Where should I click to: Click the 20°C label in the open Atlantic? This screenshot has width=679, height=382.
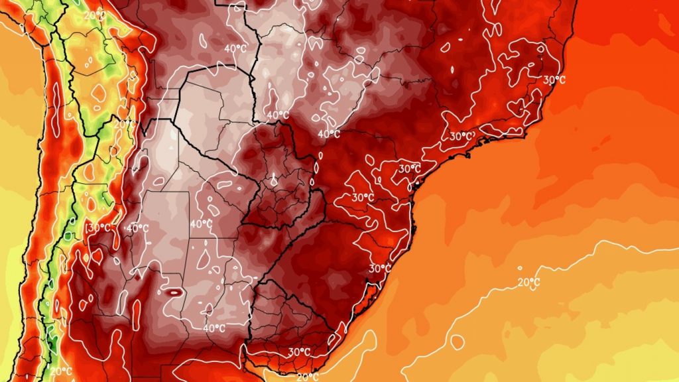(x=528, y=283)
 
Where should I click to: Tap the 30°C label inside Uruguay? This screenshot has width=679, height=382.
(x=299, y=351)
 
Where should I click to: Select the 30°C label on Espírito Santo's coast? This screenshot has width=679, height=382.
(x=554, y=80)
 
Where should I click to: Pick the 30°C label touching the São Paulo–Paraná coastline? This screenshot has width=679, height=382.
(x=409, y=169)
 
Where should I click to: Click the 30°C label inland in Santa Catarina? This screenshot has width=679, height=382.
(x=362, y=198)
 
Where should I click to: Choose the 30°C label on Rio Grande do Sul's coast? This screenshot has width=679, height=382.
(x=379, y=269)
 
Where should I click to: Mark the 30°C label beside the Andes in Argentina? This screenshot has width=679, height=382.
(x=97, y=228)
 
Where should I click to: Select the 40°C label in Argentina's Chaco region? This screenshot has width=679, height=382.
(x=201, y=224)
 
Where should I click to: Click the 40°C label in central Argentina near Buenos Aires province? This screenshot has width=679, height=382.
(x=214, y=328)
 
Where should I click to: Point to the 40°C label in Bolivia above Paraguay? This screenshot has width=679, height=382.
(x=235, y=48)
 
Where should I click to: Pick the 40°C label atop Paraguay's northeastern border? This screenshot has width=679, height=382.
(x=277, y=115)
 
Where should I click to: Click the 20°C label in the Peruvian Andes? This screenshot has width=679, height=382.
(x=94, y=15)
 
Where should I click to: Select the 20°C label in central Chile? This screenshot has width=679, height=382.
(x=60, y=370)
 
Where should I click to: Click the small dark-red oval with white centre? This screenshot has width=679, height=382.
(x=174, y=291)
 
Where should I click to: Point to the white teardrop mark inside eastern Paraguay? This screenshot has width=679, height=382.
(x=273, y=179)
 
